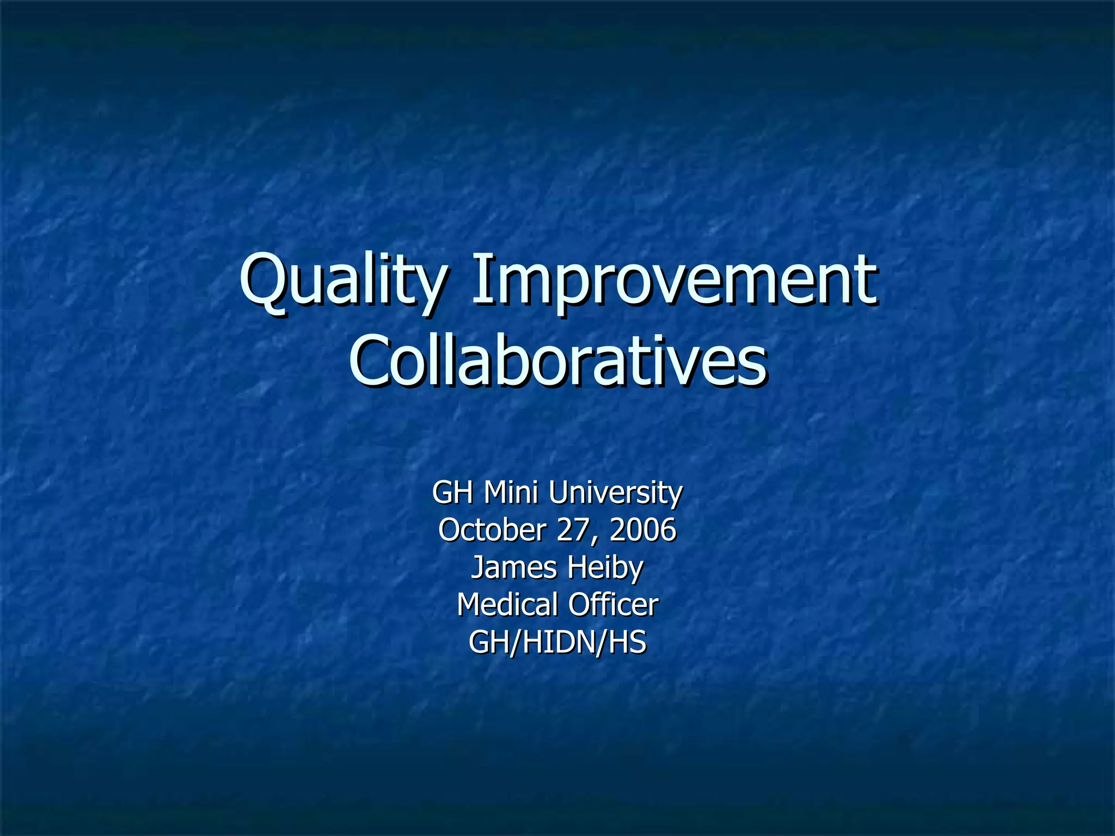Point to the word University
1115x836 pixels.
[615, 493]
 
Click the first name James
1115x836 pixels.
[514, 567]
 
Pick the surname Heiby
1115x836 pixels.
[605, 567]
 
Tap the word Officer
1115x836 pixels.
[614, 605]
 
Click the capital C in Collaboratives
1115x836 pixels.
[372, 360]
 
